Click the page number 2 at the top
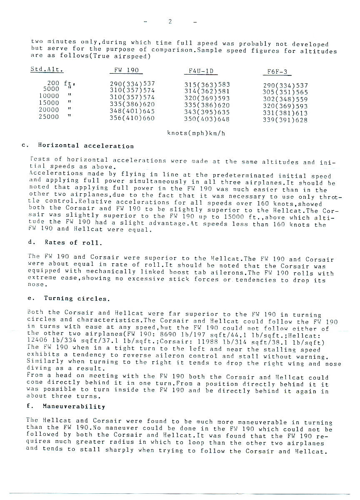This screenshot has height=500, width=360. click(x=170, y=22)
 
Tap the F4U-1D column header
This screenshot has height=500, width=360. click(x=201, y=71)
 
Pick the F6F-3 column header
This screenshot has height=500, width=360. click(x=277, y=72)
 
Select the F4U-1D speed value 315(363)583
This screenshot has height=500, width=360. click(x=207, y=85)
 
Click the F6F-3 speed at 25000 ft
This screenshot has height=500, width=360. click(x=285, y=120)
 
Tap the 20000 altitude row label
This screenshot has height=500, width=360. click(x=48, y=110)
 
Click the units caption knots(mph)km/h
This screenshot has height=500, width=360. click(x=196, y=133)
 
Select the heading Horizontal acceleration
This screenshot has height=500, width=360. click(x=86, y=146)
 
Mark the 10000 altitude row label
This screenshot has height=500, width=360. click(x=48, y=95)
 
